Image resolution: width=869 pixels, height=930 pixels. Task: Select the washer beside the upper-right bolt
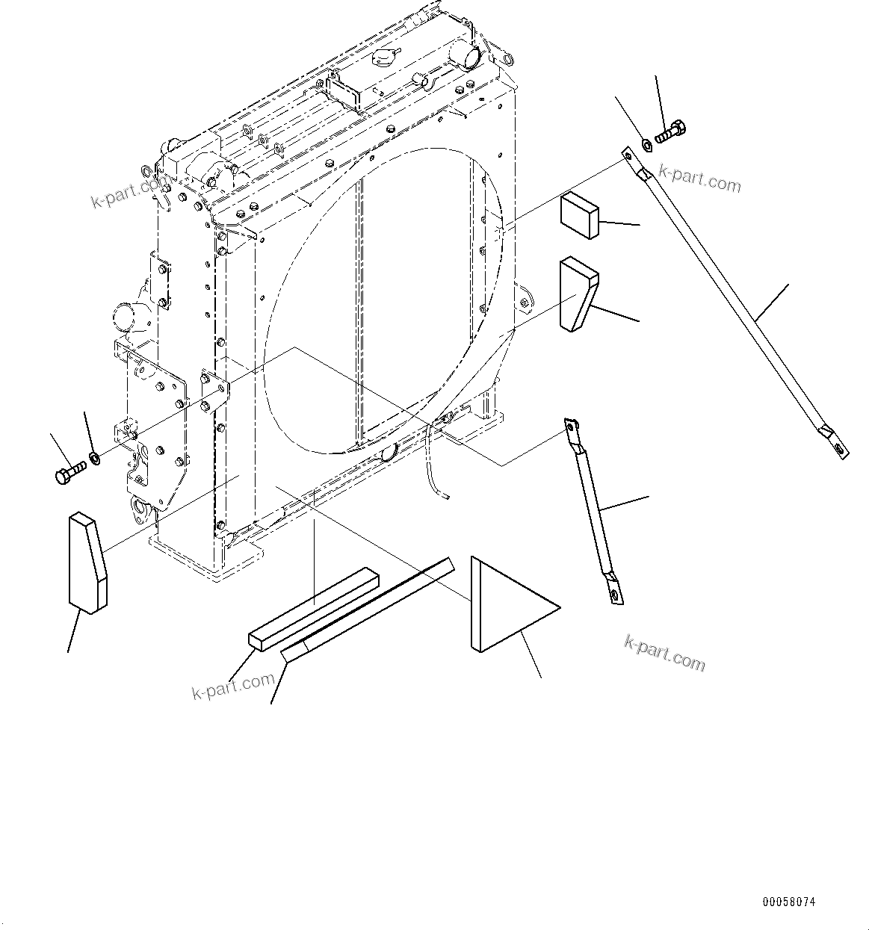point(647,142)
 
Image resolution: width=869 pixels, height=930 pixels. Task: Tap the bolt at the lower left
point(69,472)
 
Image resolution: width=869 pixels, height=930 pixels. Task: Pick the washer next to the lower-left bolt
point(94,456)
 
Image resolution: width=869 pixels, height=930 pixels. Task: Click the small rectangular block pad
point(579,215)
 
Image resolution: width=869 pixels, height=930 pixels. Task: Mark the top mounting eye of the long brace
point(627,155)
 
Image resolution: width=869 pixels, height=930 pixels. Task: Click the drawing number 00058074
point(789,902)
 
